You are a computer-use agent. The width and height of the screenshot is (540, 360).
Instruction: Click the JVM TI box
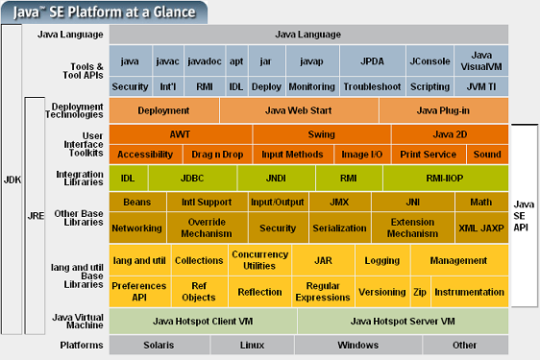coord(479,85)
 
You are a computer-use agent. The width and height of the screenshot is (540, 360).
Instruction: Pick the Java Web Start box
coord(299,110)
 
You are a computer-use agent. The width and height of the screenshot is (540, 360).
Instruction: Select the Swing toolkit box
coord(322,134)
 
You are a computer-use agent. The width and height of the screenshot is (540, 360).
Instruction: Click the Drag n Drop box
coord(217,155)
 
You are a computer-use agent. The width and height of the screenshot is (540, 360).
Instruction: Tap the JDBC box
coord(192,178)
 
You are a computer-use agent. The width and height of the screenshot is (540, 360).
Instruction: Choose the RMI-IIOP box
coord(444,178)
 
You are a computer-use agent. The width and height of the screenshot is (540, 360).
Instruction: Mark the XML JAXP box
coord(479,228)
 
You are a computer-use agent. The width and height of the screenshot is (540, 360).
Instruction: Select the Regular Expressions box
coord(322,292)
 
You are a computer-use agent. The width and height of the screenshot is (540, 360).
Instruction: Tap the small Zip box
coord(420,292)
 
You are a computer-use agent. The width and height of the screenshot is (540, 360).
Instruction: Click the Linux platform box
coord(253,345)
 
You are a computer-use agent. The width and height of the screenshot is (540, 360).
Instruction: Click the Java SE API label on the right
coord(525,217)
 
